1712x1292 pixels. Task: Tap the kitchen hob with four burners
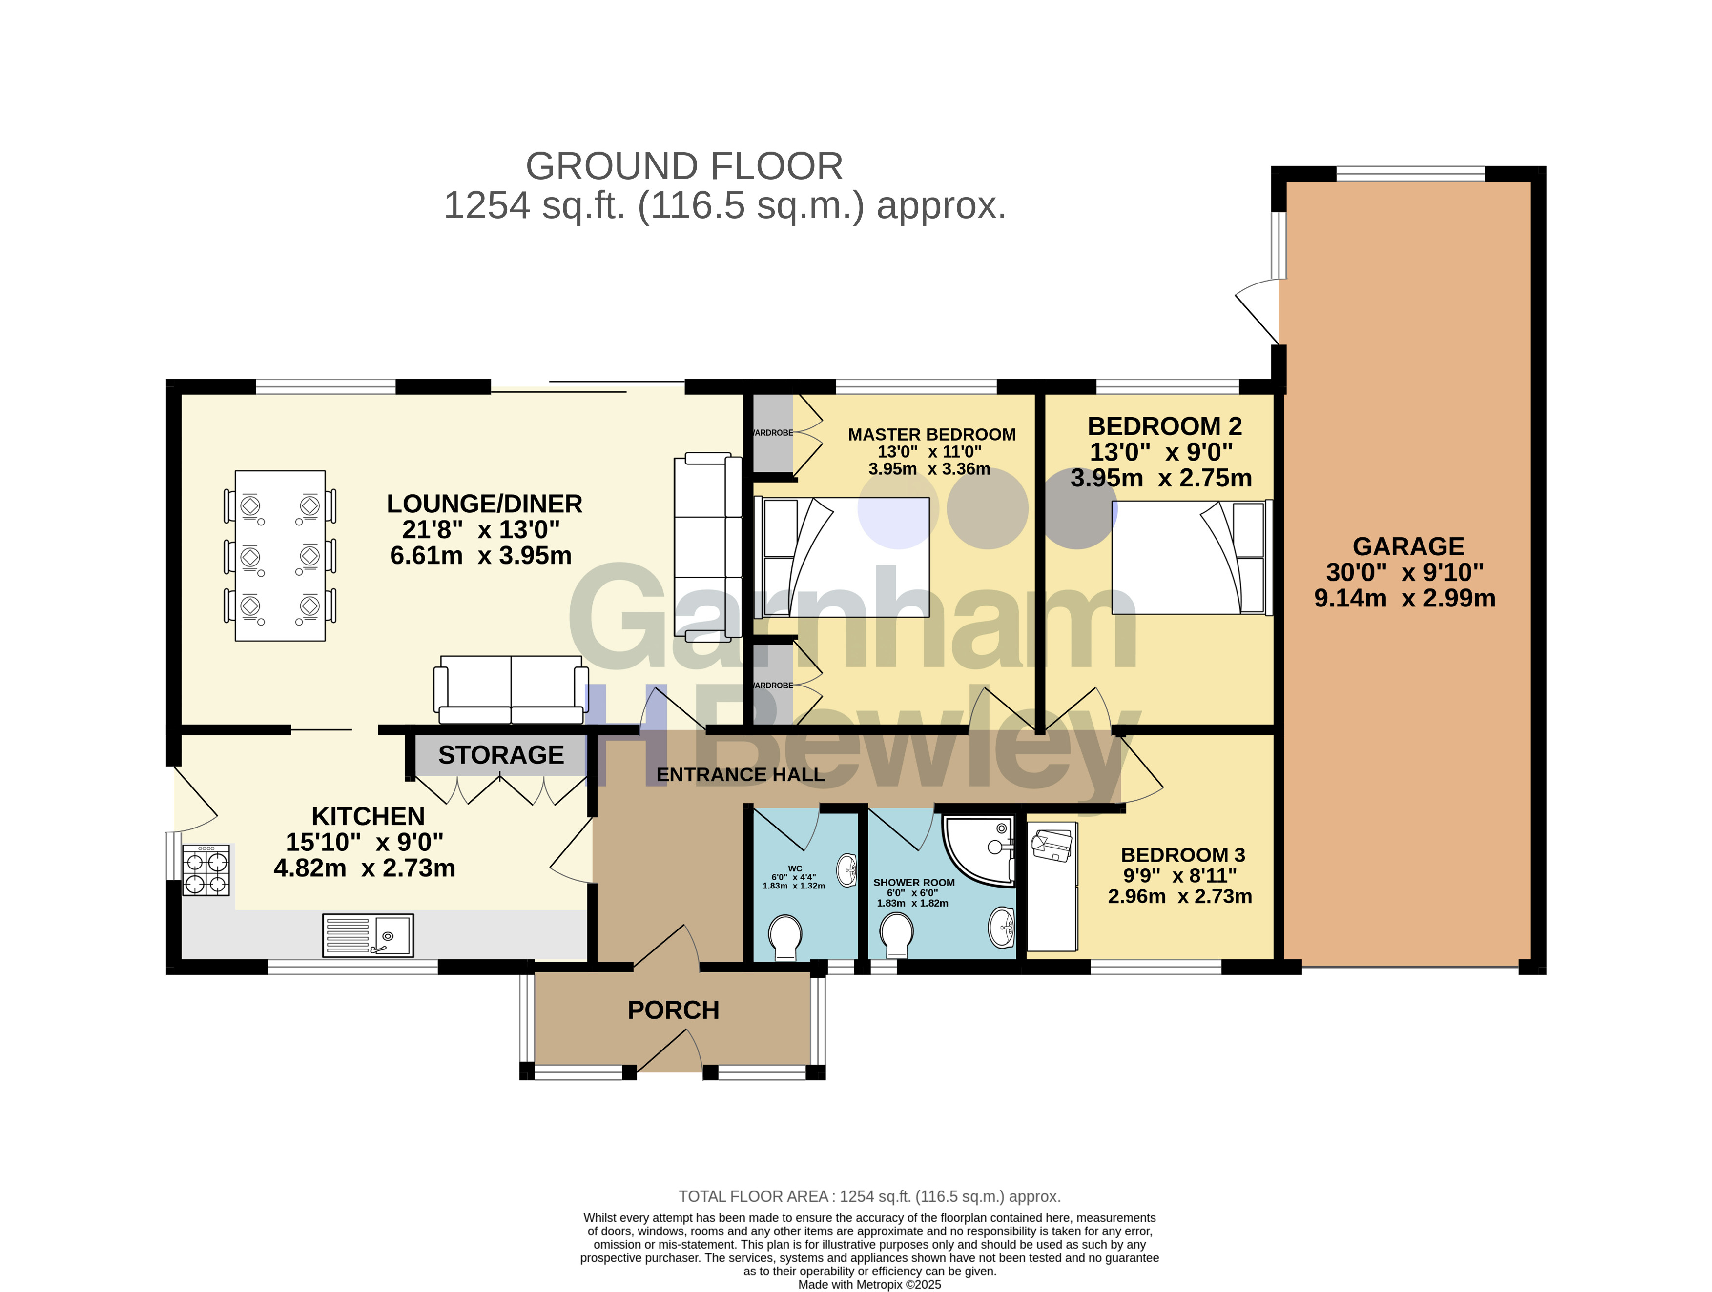click(206, 870)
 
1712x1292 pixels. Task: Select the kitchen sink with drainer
click(368, 935)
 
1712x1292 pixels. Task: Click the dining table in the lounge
click(280, 555)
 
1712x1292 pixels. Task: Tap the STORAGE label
click(501, 755)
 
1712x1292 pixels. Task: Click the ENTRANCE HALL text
click(740, 774)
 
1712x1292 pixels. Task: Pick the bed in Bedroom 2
click(1192, 558)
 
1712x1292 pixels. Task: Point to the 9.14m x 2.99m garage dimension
click(1405, 598)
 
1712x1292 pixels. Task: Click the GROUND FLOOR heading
click(684, 166)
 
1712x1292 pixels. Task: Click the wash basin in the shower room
click(1002, 928)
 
